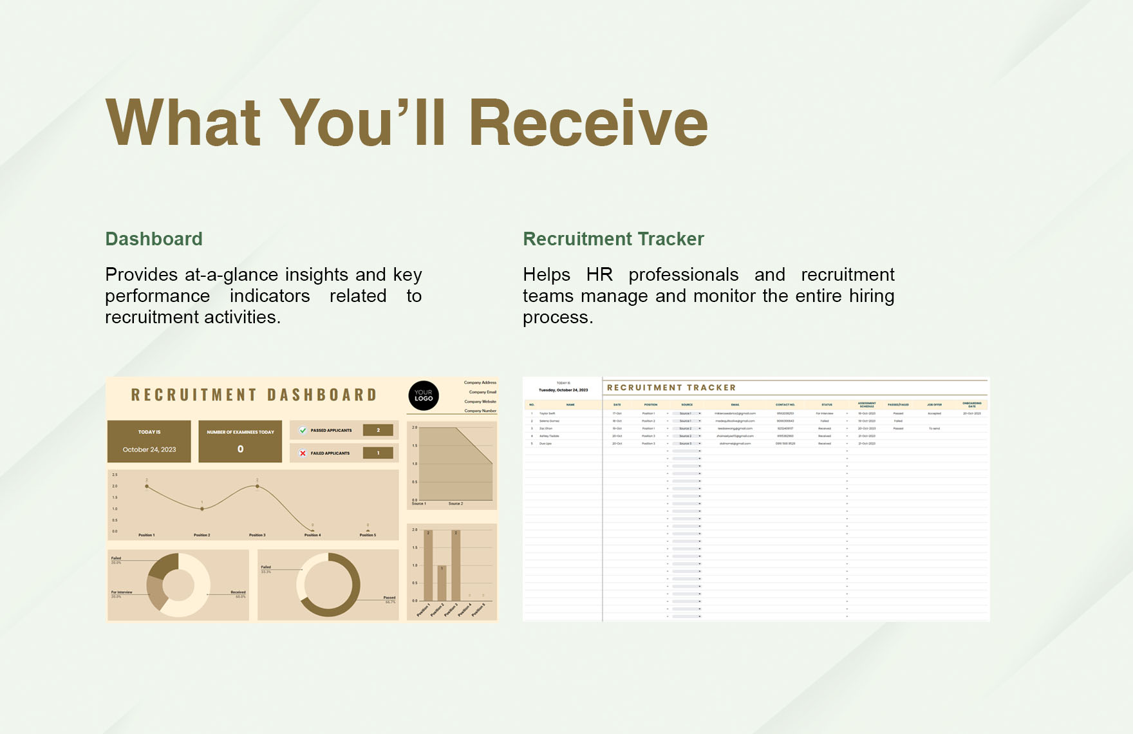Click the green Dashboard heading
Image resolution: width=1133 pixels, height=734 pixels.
(x=154, y=239)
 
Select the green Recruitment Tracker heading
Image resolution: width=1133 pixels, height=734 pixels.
(x=613, y=239)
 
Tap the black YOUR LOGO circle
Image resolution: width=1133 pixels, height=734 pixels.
(x=424, y=395)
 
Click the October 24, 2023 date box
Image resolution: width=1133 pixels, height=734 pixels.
(x=149, y=449)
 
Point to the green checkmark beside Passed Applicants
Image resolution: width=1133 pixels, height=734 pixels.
(x=303, y=430)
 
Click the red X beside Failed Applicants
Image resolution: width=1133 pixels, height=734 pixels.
(x=303, y=453)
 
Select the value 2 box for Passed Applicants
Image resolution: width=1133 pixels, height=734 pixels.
(x=378, y=430)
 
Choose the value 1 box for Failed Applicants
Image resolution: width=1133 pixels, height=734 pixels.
(x=378, y=453)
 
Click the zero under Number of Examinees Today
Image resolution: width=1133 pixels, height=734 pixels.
(x=240, y=449)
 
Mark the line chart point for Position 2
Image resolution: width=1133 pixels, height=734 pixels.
(x=202, y=509)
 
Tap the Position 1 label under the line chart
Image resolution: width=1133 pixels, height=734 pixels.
(x=146, y=535)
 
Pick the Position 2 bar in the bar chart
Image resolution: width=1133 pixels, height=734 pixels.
(x=442, y=583)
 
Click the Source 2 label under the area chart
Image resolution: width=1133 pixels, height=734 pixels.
(x=455, y=503)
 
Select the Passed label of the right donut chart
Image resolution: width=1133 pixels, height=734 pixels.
(x=389, y=598)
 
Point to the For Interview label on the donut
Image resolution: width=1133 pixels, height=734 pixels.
(x=121, y=592)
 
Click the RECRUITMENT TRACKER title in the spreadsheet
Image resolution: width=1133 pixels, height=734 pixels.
(x=671, y=388)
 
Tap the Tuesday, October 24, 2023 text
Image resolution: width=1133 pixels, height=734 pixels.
(x=563, y=390)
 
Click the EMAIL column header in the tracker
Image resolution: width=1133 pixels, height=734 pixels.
(x=735, y=405)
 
